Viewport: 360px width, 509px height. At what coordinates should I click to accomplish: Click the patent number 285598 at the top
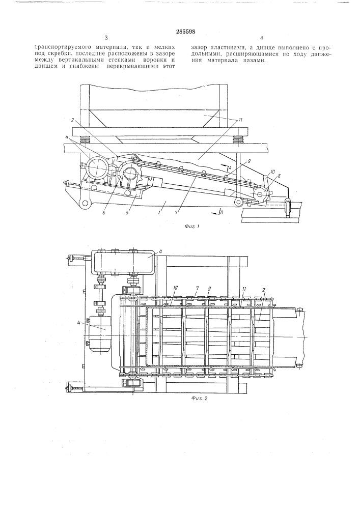(185, 32)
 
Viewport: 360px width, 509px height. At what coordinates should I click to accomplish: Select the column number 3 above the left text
(106, 38)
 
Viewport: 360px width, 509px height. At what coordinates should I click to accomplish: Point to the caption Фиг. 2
(197, 399)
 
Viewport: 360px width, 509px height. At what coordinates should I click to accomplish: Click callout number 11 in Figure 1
(240, 120)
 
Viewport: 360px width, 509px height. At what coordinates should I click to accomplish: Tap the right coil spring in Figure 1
(239, 139)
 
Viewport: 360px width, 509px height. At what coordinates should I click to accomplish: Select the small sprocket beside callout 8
(261, 195)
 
